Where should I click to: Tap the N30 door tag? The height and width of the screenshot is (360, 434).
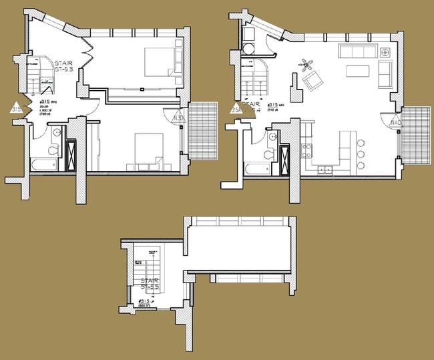click(x=178, y=118)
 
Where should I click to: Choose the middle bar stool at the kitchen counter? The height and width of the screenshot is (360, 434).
click(x=361, y=154)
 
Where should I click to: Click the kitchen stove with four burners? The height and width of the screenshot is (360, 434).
click(x=308, y=150)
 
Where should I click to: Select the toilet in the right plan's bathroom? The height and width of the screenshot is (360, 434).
click(x=270, y=154)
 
